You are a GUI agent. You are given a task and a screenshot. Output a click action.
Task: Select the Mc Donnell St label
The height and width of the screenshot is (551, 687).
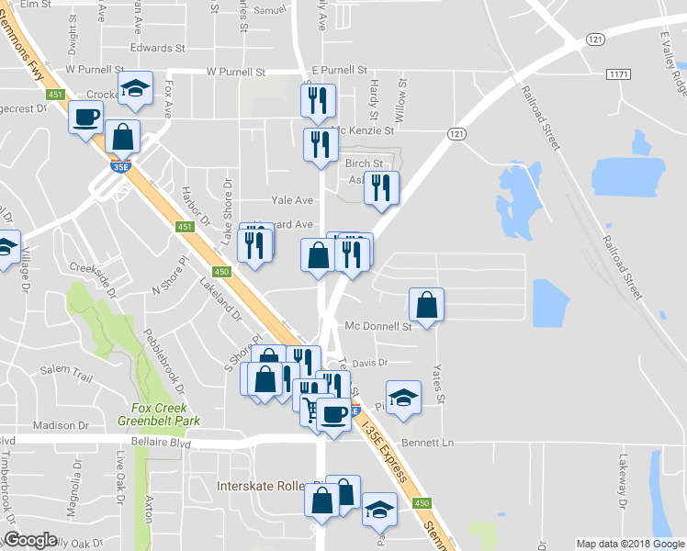(378, 326)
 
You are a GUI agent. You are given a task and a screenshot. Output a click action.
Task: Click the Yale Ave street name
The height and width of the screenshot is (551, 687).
(292, 200)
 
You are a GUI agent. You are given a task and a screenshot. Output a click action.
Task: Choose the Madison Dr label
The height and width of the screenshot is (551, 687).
(60, 425)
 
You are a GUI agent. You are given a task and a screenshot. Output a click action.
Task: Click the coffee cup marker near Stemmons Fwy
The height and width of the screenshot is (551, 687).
(87, 118)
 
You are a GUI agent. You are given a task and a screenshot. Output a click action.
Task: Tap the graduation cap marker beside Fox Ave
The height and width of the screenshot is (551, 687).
(136, 89)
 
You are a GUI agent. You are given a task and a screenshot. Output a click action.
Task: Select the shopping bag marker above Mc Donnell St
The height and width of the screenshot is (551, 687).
(427, 305)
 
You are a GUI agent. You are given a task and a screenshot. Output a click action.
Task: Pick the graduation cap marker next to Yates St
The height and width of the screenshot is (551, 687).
(402, 397)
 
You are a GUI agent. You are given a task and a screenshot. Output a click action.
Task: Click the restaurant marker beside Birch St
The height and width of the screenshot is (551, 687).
(381, 187)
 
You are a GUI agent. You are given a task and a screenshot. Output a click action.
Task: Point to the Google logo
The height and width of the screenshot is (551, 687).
(30, 540)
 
